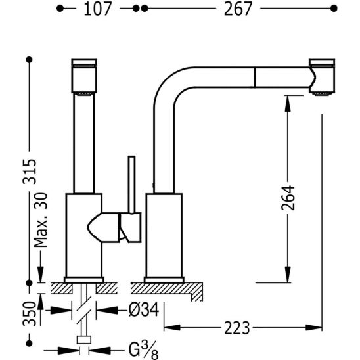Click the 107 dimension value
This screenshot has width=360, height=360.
[x=97, y=9]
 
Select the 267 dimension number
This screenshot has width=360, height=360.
[x=238, y=9]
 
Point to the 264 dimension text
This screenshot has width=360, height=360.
[x=288, y=198]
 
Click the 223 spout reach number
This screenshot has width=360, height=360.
[x=236, y=328]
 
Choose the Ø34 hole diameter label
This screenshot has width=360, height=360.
[x=144, y=309]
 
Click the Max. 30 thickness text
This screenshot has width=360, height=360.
[x=41, y=220]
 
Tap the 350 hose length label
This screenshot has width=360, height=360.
[x=30, y=314]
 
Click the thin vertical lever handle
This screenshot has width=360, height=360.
[x=132, y=185]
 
